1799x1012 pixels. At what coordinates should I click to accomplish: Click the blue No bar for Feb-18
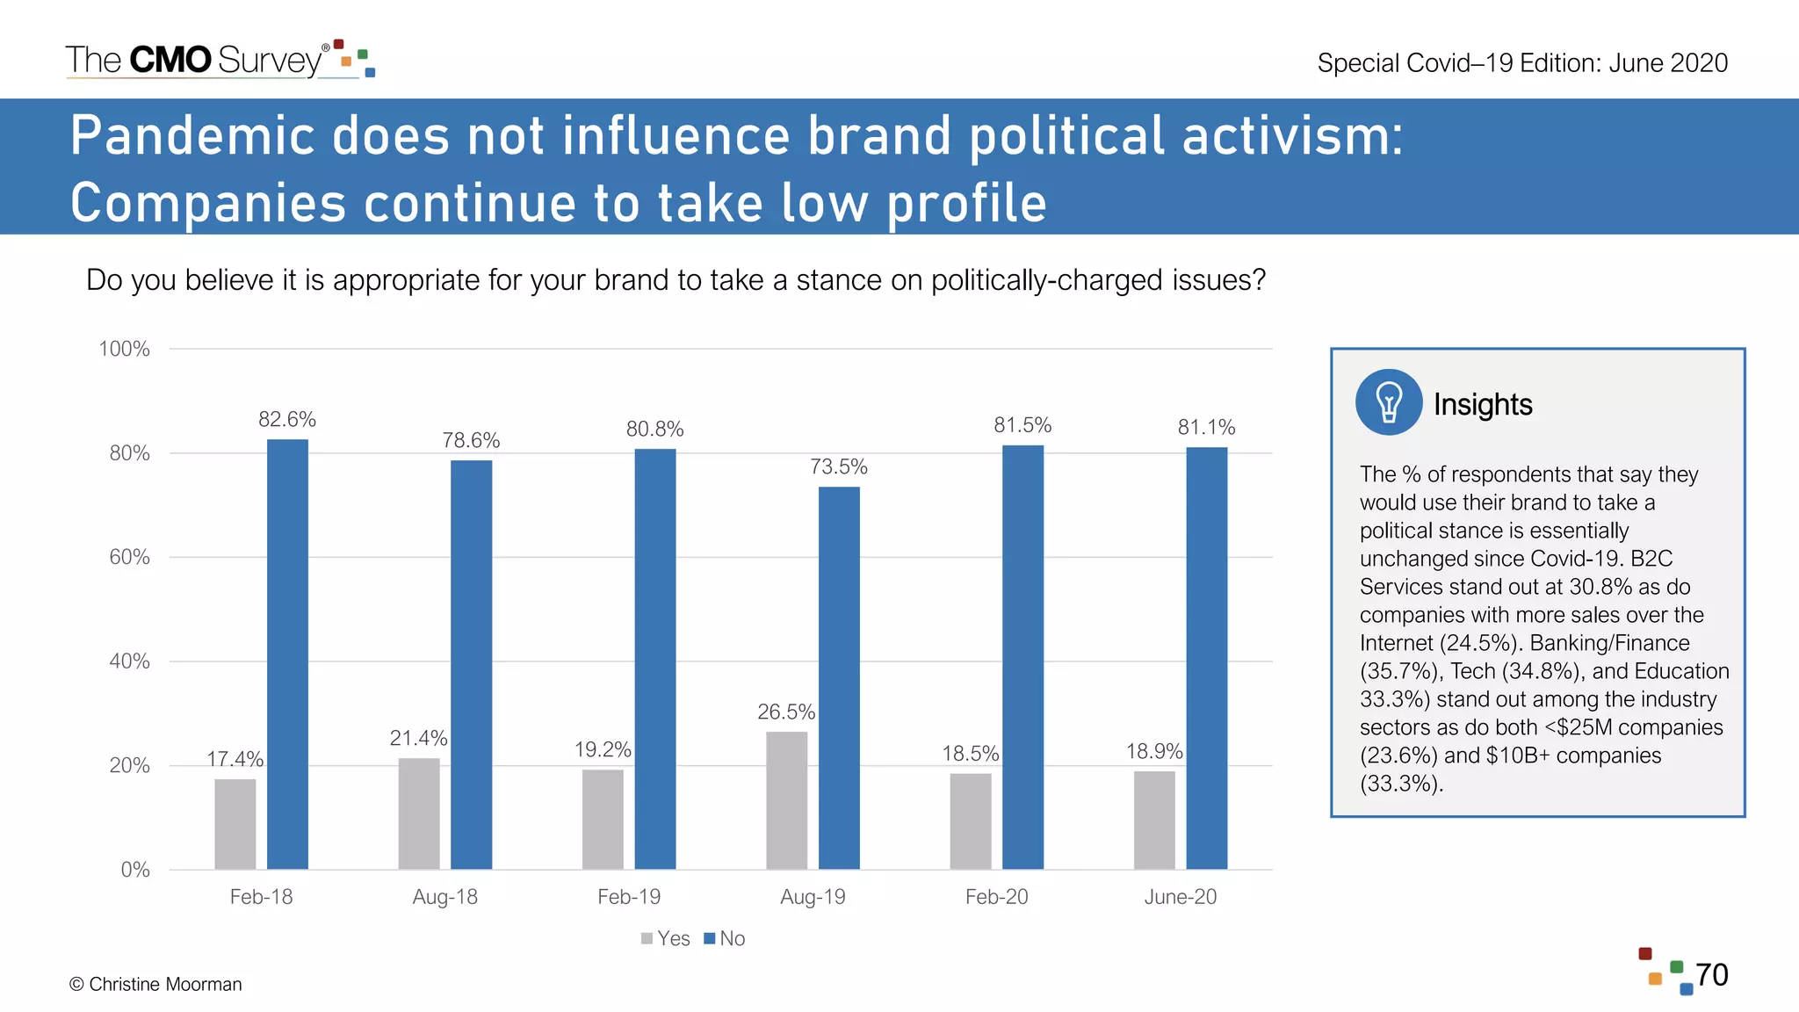287,654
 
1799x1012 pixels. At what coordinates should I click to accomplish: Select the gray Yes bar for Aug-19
786,799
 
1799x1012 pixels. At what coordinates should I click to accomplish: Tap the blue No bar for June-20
1206,658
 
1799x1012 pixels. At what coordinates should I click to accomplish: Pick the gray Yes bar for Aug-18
419,813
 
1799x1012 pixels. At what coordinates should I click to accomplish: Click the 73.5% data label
838,466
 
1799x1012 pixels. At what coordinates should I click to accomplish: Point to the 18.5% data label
970,753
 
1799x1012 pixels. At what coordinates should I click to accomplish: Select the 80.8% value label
654,429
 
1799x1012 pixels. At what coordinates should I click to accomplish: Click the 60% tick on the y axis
129,557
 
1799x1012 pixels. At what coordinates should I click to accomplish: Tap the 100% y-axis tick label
124,349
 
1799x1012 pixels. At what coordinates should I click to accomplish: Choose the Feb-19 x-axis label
629,897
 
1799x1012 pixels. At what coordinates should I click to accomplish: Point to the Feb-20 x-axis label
996,897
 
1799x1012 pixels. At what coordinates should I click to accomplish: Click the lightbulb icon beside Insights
1388,402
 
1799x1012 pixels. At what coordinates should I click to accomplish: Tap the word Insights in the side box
1483,404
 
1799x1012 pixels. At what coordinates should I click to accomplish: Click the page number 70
1711,974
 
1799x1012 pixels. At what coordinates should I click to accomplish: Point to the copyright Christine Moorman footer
155,984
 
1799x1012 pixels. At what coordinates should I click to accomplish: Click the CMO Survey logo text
195,60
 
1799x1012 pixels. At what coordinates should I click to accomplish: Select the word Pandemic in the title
192,136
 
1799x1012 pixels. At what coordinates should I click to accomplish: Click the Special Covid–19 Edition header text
1522,63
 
